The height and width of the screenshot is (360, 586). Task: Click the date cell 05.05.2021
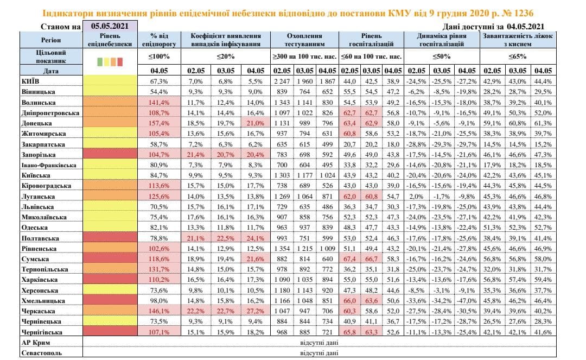point(110,26)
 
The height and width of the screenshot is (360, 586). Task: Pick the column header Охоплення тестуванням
point(304,40)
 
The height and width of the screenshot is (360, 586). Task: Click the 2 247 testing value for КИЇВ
point(282,81)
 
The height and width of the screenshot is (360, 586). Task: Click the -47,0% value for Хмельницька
point(467,300)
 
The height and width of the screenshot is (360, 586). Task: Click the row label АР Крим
point(35,342)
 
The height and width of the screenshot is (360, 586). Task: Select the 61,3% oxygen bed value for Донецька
point(542,123)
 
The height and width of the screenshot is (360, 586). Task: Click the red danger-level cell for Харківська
point(110,280)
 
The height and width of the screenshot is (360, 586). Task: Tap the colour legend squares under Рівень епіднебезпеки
point(110,61)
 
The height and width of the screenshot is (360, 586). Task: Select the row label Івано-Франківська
point(46,165)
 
